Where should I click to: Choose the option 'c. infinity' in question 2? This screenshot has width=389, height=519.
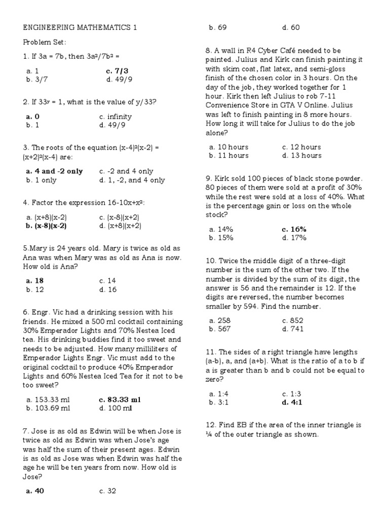point(115,117)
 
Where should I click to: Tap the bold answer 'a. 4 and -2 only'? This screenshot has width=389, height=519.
point(54,171)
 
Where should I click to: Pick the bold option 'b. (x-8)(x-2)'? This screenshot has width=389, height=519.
point(46,226)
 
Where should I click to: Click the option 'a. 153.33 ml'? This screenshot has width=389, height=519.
point(48,399)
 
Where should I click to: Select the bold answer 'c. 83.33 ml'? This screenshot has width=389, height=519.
point(120,399)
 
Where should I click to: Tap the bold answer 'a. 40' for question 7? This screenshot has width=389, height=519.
point(35,490)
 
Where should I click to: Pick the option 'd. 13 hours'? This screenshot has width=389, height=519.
point(301,156)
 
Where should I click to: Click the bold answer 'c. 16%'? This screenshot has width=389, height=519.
point(294,229)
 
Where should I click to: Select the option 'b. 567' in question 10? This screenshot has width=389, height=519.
point(220,329)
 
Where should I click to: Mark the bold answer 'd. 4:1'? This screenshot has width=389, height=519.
point(292,402)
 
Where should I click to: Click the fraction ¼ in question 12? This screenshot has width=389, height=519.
point(209,434)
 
